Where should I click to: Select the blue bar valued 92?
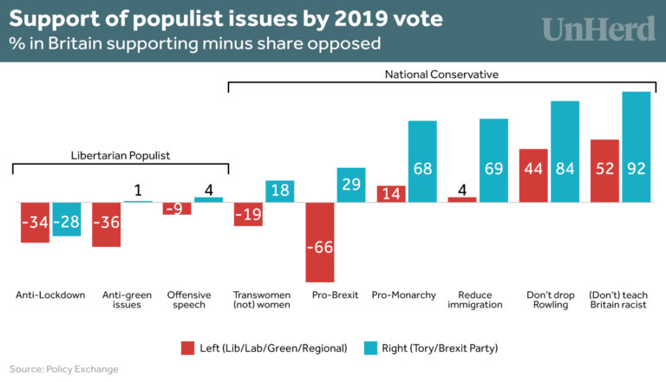tap(636, 146)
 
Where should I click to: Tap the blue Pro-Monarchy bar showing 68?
tap(422, 161)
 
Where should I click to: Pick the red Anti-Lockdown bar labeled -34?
tap(35, 222)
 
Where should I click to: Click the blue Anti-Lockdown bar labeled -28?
tap(67, 218)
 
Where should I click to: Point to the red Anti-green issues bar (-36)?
tap(106, 224)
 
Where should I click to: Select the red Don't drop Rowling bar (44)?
tap(533, 175)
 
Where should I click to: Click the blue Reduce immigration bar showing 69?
tap(493, 160)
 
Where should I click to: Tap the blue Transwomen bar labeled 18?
tap(280, 191)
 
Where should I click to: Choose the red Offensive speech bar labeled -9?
tap(177, 208)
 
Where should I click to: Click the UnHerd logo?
tap(598, 28)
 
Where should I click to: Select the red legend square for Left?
tap(187, 347)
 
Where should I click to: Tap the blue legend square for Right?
tap(369, 347)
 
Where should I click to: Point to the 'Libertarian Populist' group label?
tap(120, 156)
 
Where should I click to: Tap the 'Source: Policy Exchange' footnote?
tap(64, 369)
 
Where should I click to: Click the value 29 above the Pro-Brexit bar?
tap(351, 184)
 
